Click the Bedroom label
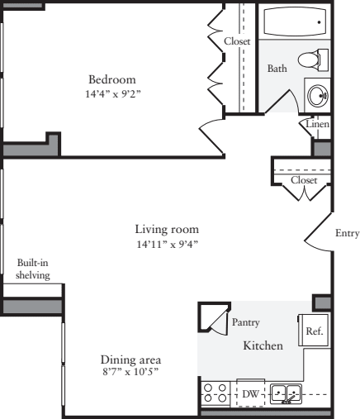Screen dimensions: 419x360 (x=112, y=79)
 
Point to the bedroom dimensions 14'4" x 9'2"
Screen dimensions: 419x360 (x=112, y=93)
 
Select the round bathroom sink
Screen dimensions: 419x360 (x=317, y=95)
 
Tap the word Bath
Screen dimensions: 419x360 (x=277, y=69)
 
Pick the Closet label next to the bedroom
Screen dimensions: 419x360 (x=237, y=40)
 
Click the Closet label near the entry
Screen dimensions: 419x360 (x=304, y=179)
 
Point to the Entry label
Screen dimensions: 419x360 (x=346, y=233)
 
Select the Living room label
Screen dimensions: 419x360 (x=168, y=229)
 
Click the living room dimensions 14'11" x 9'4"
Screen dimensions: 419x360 (x=168, y=244)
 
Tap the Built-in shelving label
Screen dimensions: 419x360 (x=33, y=269)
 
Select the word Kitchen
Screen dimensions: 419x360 (x=263, y=345)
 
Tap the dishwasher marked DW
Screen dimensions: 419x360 (x=250, y=394)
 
